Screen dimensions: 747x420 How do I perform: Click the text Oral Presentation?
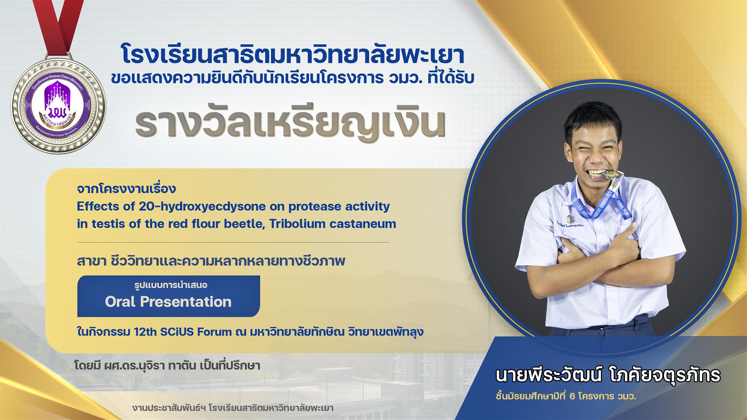[168, 302]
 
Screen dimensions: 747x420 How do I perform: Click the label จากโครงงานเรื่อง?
[126, 189]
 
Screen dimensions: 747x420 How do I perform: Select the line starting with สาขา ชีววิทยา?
[211, 261]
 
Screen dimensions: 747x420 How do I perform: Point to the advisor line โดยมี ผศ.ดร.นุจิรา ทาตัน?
[167, 366]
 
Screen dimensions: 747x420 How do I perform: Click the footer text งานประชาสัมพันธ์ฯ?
[233, 408]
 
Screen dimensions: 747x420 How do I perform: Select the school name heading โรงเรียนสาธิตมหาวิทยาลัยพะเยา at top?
[293, 55]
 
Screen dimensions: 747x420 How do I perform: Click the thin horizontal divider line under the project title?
[233, 242]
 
